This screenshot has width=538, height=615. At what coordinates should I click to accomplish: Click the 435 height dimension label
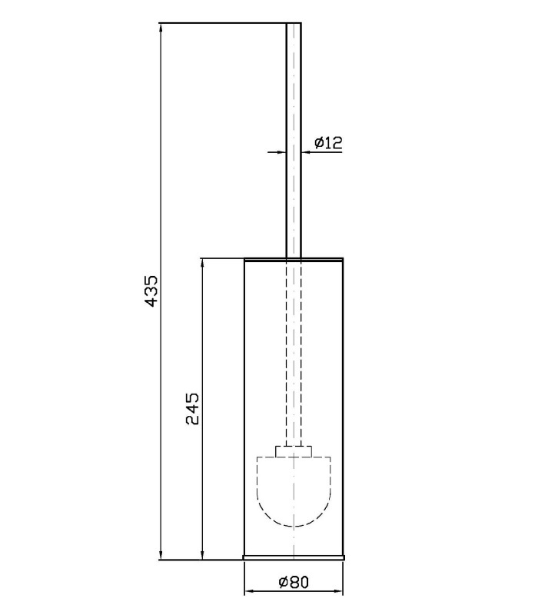151,291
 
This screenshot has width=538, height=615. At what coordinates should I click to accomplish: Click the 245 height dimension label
192,409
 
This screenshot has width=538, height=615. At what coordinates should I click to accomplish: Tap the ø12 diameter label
328,142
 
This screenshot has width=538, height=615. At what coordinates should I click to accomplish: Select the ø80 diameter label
294,582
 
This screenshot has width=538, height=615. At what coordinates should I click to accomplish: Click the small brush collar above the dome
294,451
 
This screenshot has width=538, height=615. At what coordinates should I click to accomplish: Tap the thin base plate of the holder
294,557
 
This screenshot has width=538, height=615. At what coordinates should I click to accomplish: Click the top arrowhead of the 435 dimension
161,28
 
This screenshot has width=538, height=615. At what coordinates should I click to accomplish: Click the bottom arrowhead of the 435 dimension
161,554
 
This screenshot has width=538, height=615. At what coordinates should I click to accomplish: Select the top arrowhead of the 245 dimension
202,263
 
